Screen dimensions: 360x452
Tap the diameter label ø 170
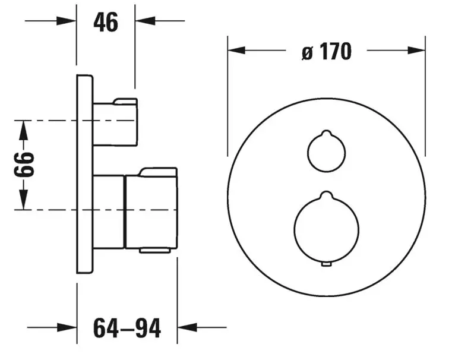[x=327, y=52]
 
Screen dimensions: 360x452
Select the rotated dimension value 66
[x=23, y=165]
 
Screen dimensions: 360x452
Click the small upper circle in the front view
[x=325, y=153]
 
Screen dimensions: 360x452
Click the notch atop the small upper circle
[x=325, y=134]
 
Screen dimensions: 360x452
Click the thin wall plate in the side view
[x=85, y=173]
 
